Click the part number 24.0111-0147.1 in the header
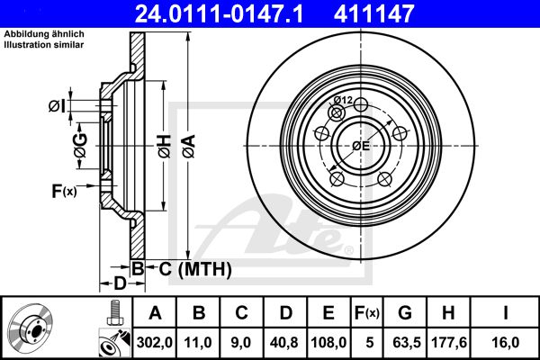(219, 13)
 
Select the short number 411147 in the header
(373, 13)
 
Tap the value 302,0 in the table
(154, 342)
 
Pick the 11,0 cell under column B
(198, 342)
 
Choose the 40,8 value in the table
(284, 342)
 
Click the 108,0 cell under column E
(328, 342)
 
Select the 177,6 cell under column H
(449, 342)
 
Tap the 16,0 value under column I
(505, 342)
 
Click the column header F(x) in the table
(366, 313)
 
